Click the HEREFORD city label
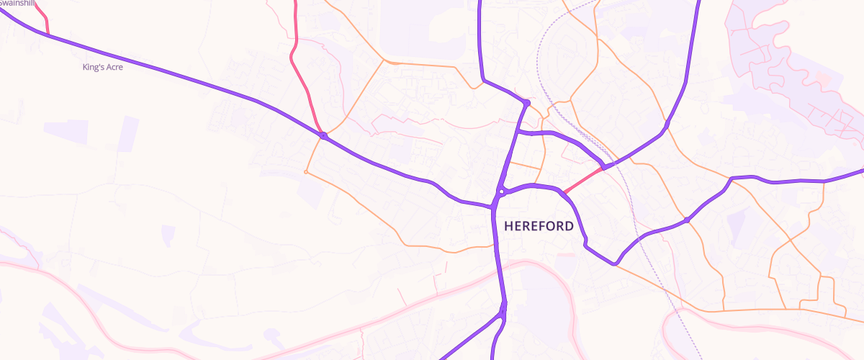[539, 226]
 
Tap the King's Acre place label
[104, 68]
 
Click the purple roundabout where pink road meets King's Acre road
[324, 135]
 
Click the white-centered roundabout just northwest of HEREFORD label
[500, 192]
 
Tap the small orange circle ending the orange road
[306, 172]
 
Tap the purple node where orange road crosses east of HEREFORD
[688, 220]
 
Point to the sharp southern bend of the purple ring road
[614, 263]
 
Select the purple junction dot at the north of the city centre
[527, 104]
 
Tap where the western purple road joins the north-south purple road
[494, 206]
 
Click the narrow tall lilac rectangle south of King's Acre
[128, 134]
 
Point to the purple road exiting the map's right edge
[857, 173]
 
